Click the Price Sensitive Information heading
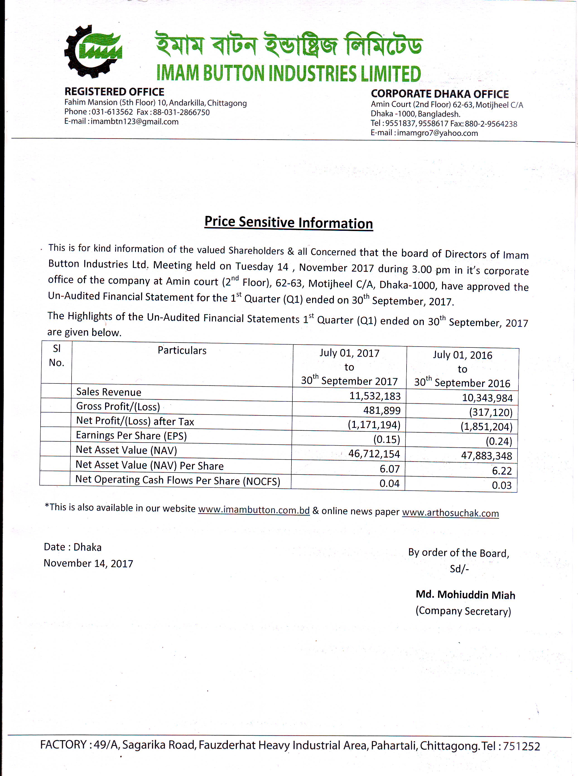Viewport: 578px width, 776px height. coord(289,222)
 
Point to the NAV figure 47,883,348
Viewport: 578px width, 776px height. coord(486,455)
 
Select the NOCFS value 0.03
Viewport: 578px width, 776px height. coord(501,485)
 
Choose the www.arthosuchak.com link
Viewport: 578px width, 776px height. coord(450,513)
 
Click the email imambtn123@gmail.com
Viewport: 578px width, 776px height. coord(135,122)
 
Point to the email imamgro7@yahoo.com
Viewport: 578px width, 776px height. coord(437,133)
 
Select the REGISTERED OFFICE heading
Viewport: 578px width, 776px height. coord(114,92)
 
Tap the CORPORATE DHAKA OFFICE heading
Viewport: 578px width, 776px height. coord(440,94)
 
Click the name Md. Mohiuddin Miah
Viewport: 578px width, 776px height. coord(465,595)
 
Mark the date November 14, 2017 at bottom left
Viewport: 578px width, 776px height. coord(88,563)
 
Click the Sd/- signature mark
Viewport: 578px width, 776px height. coord(459,569)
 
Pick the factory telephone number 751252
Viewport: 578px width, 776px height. coord(521,746)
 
